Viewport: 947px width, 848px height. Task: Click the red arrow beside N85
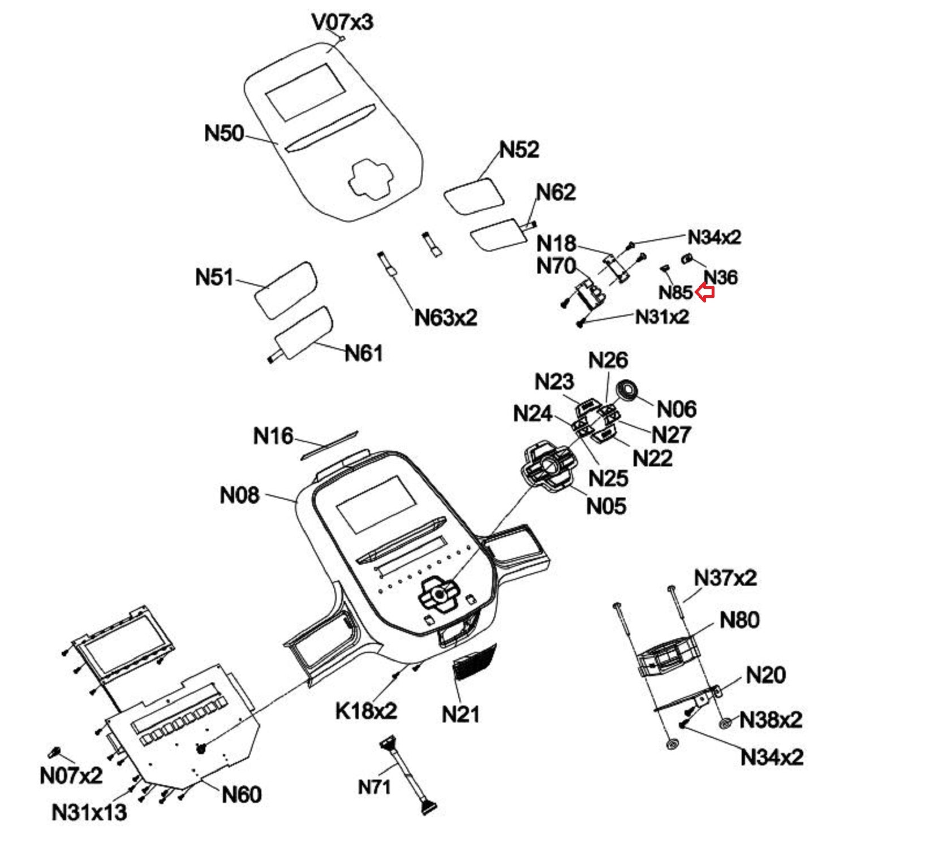tap(705, 293)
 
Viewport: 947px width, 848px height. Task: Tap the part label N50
tap(224, 133)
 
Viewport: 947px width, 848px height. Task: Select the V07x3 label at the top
tap(342, 22)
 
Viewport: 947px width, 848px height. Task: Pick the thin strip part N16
tap(329, 444)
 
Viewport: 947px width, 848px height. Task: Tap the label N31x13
tap(89, 812)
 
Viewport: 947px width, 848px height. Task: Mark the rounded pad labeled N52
tap(473, 196)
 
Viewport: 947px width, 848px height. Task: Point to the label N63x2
tap(446, 317)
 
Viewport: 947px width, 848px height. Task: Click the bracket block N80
tap(666, 656)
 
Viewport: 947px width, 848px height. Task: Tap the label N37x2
tap(725, 578)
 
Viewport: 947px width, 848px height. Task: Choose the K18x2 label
tap(366, 711)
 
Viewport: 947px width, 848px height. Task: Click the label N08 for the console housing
tap(239, 495)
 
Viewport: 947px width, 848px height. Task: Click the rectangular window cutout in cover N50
tap(306, 91)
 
